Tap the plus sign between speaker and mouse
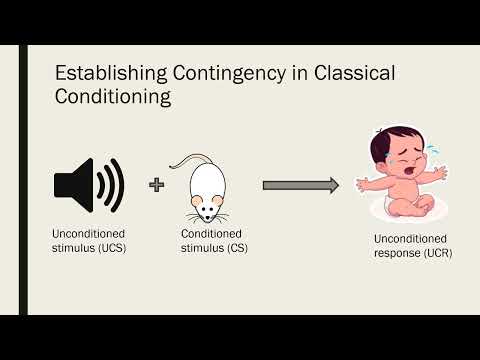pos(156,184)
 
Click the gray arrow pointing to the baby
pos(300,185)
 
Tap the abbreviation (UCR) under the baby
pos(437,253)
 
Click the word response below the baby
pos(397,253)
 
